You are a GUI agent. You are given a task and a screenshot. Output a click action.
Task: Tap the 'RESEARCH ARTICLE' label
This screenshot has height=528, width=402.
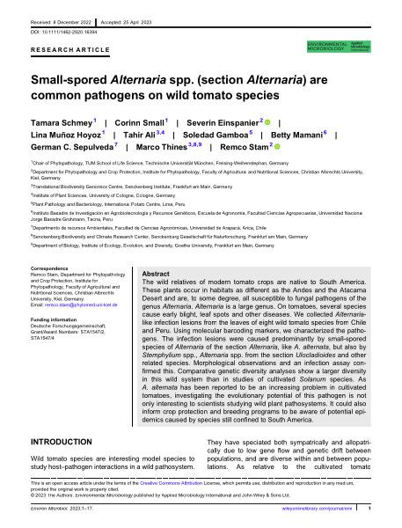[63, 50]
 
